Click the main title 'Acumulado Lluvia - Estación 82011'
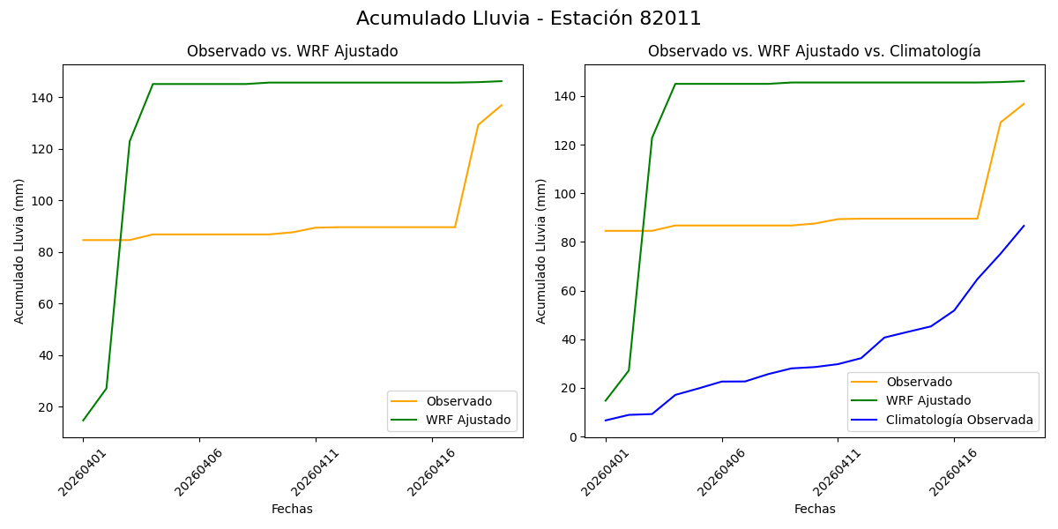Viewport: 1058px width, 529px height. point(529,19)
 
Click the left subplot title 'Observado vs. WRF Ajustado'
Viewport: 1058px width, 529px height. point(292,52)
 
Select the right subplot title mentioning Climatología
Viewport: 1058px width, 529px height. point(814,52)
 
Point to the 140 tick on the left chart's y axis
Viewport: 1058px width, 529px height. point(45,97)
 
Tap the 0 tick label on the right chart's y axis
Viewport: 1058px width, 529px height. point(573,436)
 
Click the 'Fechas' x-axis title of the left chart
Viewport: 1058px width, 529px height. point(292,509)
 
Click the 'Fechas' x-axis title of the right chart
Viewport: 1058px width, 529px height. point(815,509)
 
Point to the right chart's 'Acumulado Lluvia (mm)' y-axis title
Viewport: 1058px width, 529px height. point(542,250)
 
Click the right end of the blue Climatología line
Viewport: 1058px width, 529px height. point(1024,226)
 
